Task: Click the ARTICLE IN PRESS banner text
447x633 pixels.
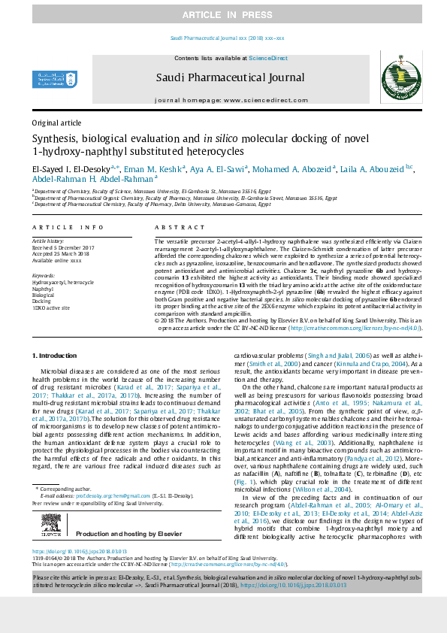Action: [223, 15]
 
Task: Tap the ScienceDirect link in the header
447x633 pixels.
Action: [268, 58]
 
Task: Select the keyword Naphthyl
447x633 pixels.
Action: [43, 288]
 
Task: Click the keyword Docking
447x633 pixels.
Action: [42, 301]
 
